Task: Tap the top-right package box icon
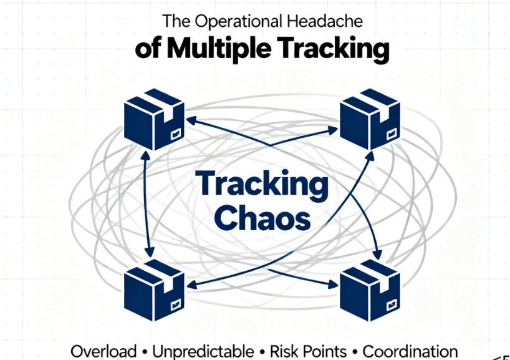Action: [x=369, y=119]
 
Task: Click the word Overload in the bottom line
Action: [x=103, y=351]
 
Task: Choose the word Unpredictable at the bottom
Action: [x=203, y=351]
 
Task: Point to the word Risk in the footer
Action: [x=284, y=351]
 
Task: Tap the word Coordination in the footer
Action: [x=410, y=351]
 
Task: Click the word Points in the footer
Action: [x=325, y=351]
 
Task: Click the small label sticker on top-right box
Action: [x=391, y=132]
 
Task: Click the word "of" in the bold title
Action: [x=148, y=49]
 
